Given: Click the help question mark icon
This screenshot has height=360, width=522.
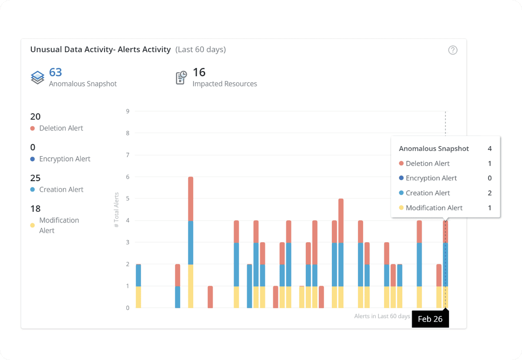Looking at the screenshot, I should [453, 50].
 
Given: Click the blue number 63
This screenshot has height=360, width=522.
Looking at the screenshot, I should [55, 72].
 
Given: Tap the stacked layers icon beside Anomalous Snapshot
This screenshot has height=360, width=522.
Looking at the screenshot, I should [37, 77].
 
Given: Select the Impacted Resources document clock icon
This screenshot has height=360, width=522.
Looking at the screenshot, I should [181, 77].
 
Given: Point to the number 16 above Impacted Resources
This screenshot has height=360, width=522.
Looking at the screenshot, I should [199, 72].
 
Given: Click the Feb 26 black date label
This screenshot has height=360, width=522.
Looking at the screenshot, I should [430, 319].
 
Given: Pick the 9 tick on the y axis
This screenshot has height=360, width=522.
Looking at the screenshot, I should [127, 111].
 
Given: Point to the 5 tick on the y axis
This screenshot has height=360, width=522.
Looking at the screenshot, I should [127, 199].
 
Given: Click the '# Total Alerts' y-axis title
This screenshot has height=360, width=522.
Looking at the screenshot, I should [116, 210].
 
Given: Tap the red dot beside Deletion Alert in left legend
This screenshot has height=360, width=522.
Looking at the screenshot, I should [33, 129].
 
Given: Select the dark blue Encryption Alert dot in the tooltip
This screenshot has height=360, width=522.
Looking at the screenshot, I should [401, 178].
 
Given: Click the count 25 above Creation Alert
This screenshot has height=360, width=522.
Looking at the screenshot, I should [35, 178].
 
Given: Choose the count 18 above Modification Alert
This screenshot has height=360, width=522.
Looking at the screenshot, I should [35, 209].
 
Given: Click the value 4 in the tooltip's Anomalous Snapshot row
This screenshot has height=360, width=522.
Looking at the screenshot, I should [489, 149].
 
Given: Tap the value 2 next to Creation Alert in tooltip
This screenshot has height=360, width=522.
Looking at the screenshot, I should [489, 193].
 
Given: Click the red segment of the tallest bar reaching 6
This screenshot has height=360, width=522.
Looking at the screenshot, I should [191, 199].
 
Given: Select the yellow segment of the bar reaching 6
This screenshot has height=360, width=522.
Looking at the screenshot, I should [191, 286].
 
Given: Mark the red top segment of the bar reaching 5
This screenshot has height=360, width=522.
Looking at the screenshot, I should [341, 220].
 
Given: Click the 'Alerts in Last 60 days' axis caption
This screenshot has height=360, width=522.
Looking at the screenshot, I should [382, 316].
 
